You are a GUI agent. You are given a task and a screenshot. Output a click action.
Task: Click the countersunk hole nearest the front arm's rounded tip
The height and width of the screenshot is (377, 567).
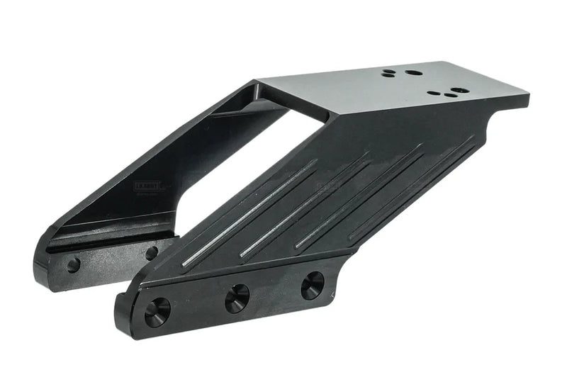point(157,311)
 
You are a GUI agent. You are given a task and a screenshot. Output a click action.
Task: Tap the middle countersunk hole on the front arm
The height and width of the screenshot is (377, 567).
point(237,298)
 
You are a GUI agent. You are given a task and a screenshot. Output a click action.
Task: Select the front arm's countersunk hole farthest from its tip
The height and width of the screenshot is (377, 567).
point(312,285)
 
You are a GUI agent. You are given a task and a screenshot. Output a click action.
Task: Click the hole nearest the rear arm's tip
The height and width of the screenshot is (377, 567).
point(73,265)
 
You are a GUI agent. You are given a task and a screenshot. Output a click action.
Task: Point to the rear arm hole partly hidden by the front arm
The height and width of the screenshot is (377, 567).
point(152,252)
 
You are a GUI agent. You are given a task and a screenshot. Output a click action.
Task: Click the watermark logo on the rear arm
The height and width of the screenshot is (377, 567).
point(150,186)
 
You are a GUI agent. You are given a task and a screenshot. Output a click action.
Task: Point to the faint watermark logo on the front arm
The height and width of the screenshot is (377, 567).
point(329,186)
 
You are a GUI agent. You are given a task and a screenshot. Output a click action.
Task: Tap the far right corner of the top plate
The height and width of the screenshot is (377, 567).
point(527,93)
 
